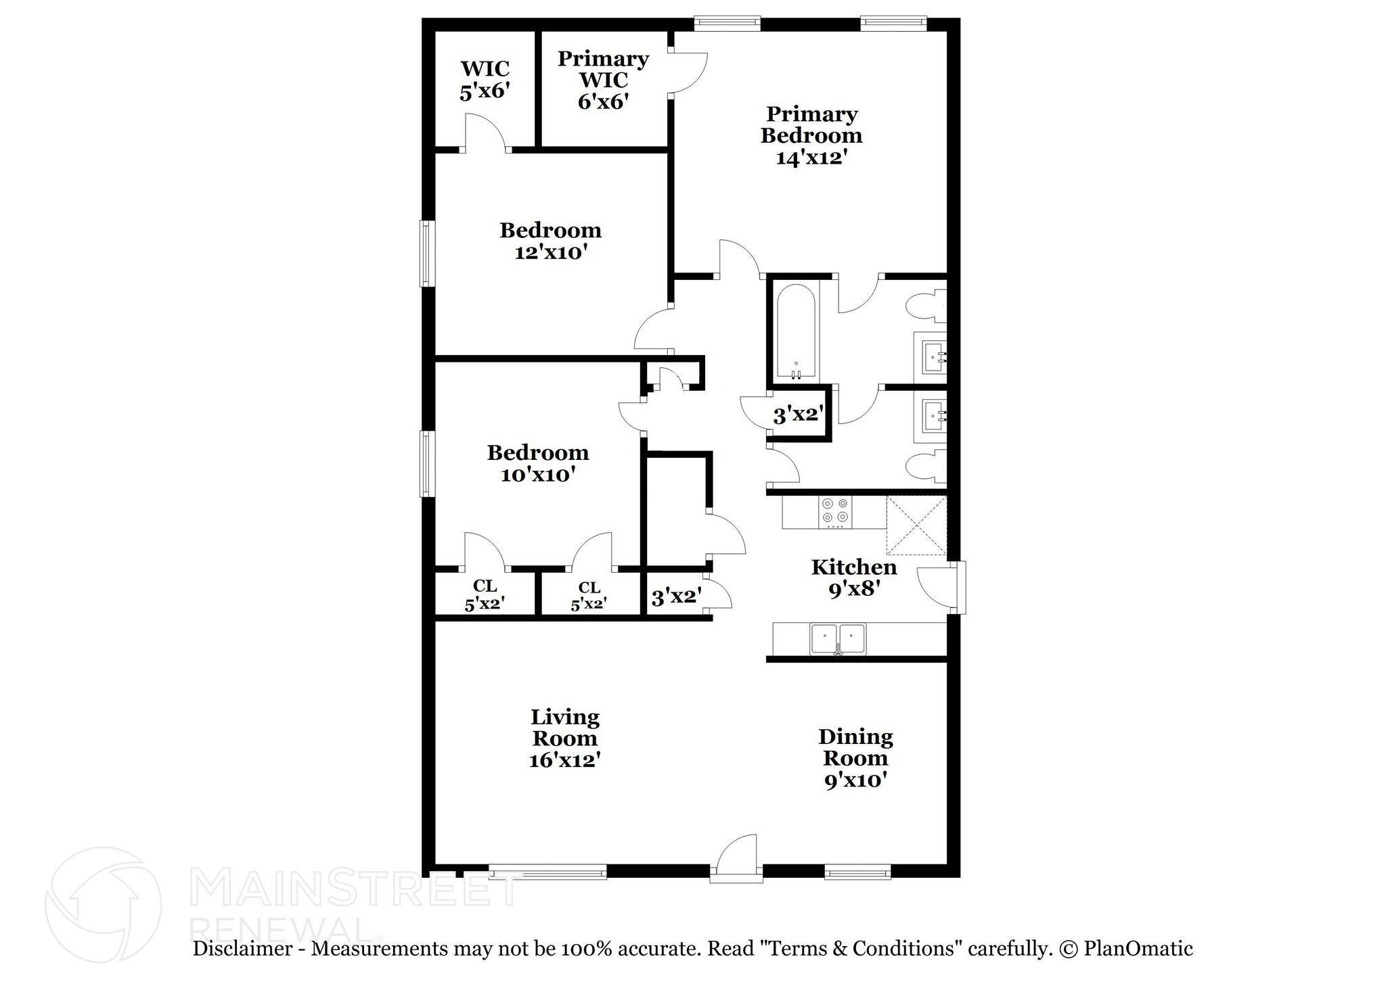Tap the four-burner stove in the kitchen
tap(835, 512)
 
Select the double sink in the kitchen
tap(838, 638)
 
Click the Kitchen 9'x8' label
tap(854, 578)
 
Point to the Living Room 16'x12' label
tap(564, 738)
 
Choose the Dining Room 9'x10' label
tap(855, 758)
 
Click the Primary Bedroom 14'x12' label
tap(811, 135)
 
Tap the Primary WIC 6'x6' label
tap(603, 80)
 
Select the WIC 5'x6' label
tap(485, 80)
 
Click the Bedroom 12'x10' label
tap(550, 241)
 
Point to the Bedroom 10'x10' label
tap(538, 463)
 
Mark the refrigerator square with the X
tap(916, 525)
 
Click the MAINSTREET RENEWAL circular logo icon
tap(103, 904)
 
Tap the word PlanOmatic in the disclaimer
tap(1138, 949)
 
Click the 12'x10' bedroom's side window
tap(426, 254)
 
